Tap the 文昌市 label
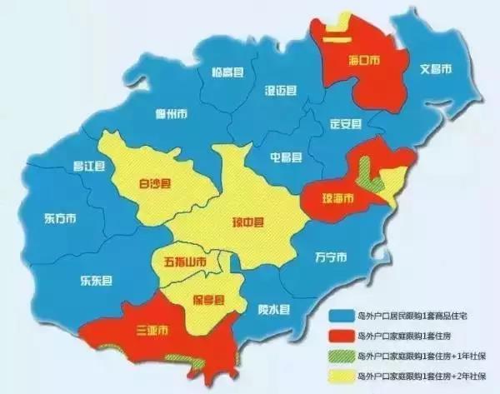tap(435, 68)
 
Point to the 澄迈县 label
tap(281, 89)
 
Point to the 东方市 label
tap(60, 219)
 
